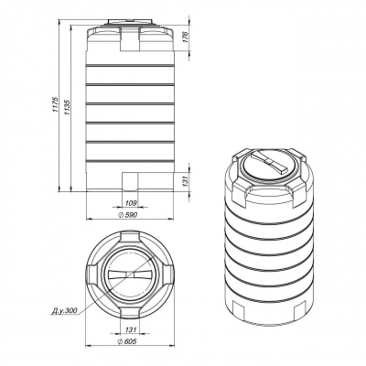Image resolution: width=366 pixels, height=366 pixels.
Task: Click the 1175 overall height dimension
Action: pyautogui.click(x=55, y=104)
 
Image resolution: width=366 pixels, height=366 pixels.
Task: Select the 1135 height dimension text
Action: pyautogui.click(x=68, y=107)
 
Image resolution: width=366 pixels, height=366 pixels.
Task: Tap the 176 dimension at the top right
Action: pyautogui.click(x=187, y=37)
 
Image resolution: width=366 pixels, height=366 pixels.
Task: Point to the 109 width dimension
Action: pyautogui.click(x=131, y=202)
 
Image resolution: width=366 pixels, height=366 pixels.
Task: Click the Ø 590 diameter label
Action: pyautogui.click(x=127, y=215)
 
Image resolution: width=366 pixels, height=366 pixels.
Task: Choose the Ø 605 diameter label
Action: pyautogui.click(x=127, y=341)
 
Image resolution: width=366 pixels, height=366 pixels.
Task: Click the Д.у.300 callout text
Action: pyautogui.click(x=64, y=311)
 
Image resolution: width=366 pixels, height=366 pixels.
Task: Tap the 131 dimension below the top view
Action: pyautogui.click(x=131, y=329)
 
